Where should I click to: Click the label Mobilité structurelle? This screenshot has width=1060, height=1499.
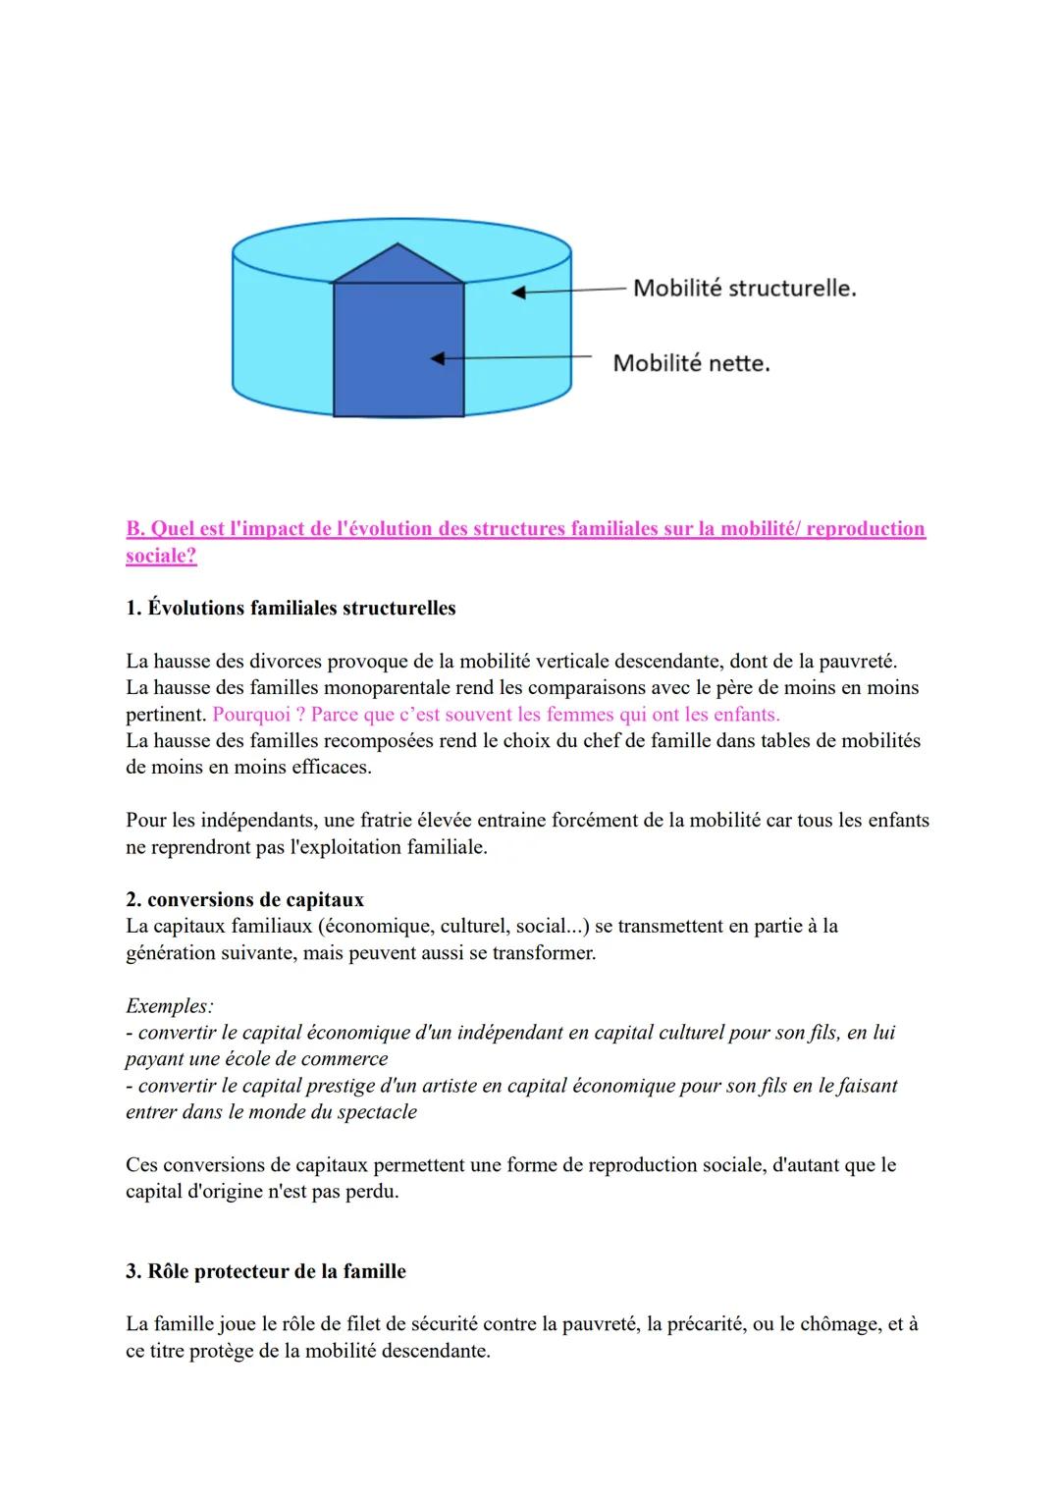(744, 288)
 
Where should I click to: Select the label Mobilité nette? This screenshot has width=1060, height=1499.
(691, 363)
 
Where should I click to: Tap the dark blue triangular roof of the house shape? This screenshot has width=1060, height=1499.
(397, 266)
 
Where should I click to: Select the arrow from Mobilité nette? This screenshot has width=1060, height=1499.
(510, 358)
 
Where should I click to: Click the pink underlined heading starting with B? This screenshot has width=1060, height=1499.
(525, 529)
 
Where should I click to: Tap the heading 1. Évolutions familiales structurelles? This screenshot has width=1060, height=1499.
(291, 609)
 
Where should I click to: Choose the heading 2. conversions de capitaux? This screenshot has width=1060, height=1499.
(244, 900)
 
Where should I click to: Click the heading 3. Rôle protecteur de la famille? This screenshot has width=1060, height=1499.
(265, 1271)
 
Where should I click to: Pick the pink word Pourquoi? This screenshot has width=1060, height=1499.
(250, 715)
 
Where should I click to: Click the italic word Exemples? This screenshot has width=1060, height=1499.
(170, 1006)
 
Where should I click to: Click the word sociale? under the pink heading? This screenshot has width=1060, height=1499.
(161, 556)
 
